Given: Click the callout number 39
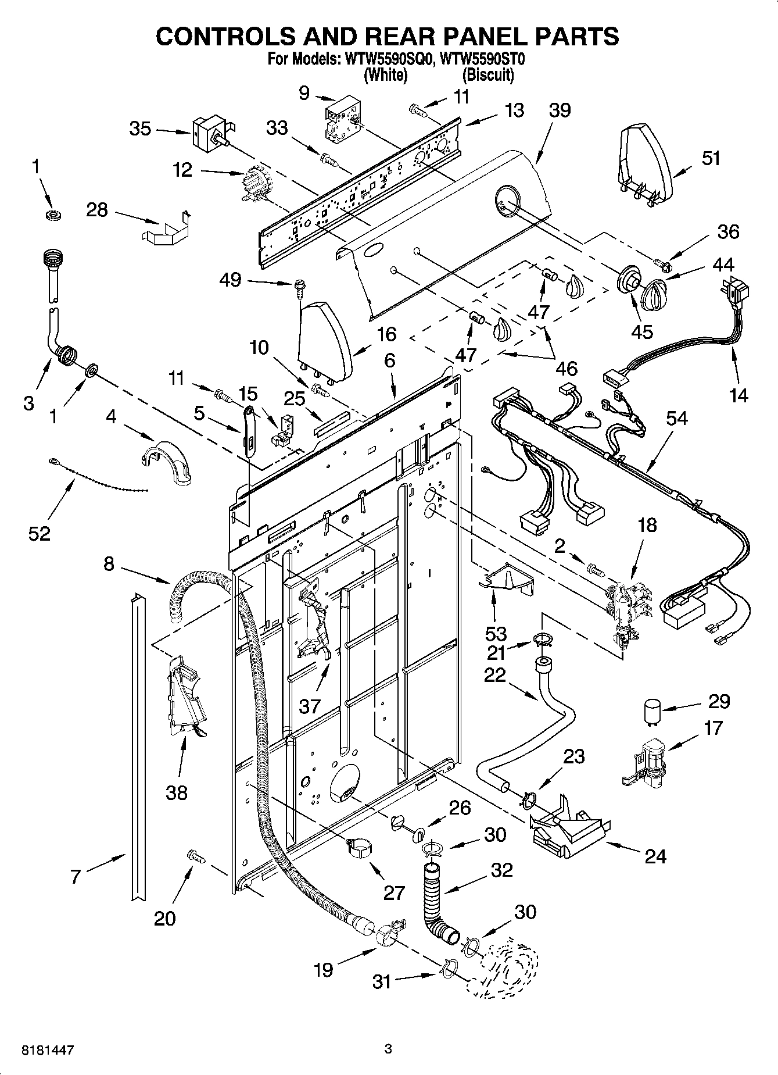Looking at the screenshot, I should [x=560, y=110].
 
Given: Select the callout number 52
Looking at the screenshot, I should [x=40, y=533].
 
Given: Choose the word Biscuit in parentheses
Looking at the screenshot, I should [x=488, y=74].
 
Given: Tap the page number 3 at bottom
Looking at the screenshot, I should [x=388, y=1049].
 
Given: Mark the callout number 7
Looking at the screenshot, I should [x=76, y=876].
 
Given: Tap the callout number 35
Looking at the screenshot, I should [x=140, y=128].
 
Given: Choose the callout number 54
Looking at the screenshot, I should [x=677, y=418].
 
